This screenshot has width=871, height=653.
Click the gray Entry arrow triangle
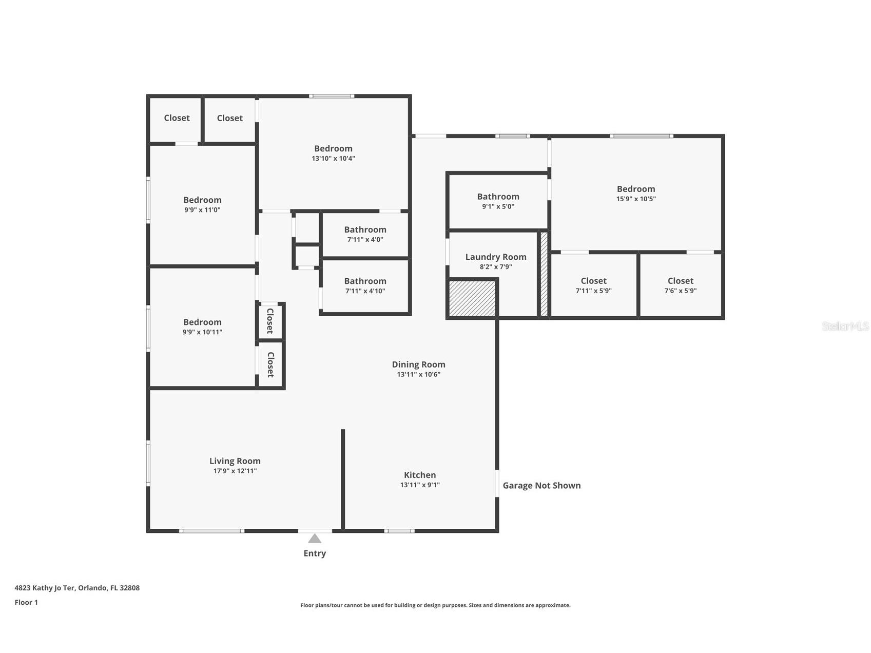coord(315,538)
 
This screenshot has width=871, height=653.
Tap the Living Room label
coord(235,461)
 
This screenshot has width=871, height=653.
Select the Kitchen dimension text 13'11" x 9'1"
coord(420,485)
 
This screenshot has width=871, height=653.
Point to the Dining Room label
coord(418,364)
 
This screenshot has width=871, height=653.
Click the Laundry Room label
coord(496,257)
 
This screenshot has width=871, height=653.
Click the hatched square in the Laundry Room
coord(472,298)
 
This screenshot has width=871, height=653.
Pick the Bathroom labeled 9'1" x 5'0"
coord(498,197)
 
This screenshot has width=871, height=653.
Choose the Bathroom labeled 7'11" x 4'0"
coord(365,229)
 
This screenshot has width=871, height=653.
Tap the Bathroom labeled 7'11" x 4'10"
coord(365,281)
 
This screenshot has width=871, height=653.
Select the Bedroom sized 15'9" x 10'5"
coord(636,189)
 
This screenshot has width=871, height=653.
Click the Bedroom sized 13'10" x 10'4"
coord(333,149)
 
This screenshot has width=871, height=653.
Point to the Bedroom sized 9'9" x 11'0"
coord(202,200)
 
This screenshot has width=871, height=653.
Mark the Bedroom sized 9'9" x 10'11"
coord(202,322)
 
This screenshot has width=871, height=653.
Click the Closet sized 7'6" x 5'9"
coord(680,281)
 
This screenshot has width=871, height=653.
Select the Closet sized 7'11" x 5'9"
coord(593,281)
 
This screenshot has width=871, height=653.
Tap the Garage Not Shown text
coord(541,486)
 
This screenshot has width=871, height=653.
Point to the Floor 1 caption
coord(26,602)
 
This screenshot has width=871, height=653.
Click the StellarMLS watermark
coord(845,326)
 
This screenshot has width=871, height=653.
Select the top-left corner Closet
coord(177,118)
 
